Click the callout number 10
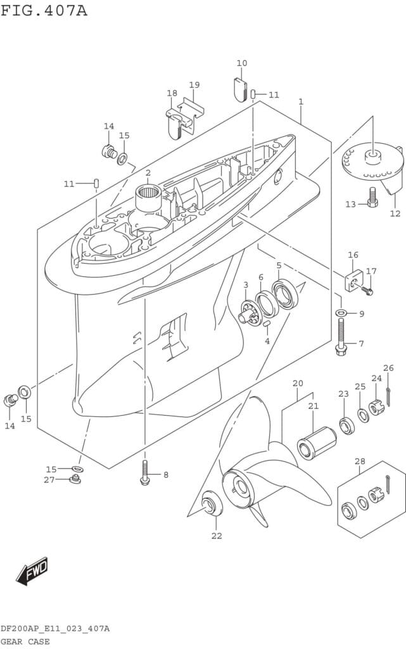(242, 63)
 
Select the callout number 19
(194, 85)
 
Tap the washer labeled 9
(341, 313)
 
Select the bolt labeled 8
(145, 473)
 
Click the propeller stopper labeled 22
(210, 504)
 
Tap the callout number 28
(360, 461)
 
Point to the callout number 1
(301, 101)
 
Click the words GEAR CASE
(25, 641)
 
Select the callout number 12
(395, 214)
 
